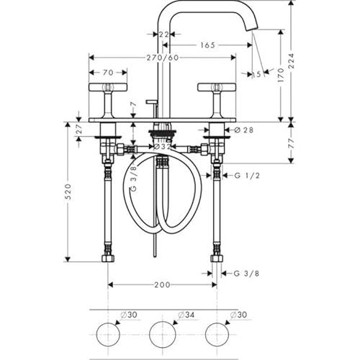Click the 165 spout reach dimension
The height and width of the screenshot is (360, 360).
pos(208,45)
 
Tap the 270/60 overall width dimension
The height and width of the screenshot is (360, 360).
pos(163,58)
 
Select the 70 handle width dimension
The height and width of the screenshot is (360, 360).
pos(108,72)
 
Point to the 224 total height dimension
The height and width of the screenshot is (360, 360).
pos(291,61)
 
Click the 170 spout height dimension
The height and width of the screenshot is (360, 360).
pos(282,76)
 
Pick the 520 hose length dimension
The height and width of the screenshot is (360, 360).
pos(68,192)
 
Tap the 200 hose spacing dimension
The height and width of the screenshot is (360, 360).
pos(162,285)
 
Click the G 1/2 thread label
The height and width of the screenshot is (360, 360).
pos(247,176)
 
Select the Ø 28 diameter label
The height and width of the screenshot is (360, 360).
pos(243,130)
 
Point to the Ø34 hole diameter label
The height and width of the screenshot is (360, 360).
pos(186,315)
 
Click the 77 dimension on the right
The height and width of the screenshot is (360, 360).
pos(291,143)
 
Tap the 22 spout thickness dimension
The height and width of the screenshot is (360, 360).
pos(164,35)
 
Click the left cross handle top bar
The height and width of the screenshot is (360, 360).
pos(108,87)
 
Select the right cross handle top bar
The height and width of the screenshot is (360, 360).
pos(217,87)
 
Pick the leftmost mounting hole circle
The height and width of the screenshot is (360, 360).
pos(108,334)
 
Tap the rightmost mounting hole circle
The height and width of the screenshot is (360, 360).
pos(217,334)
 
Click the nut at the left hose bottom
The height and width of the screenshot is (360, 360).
pos(108,258)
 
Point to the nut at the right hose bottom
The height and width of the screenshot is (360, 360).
pos(217,258)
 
